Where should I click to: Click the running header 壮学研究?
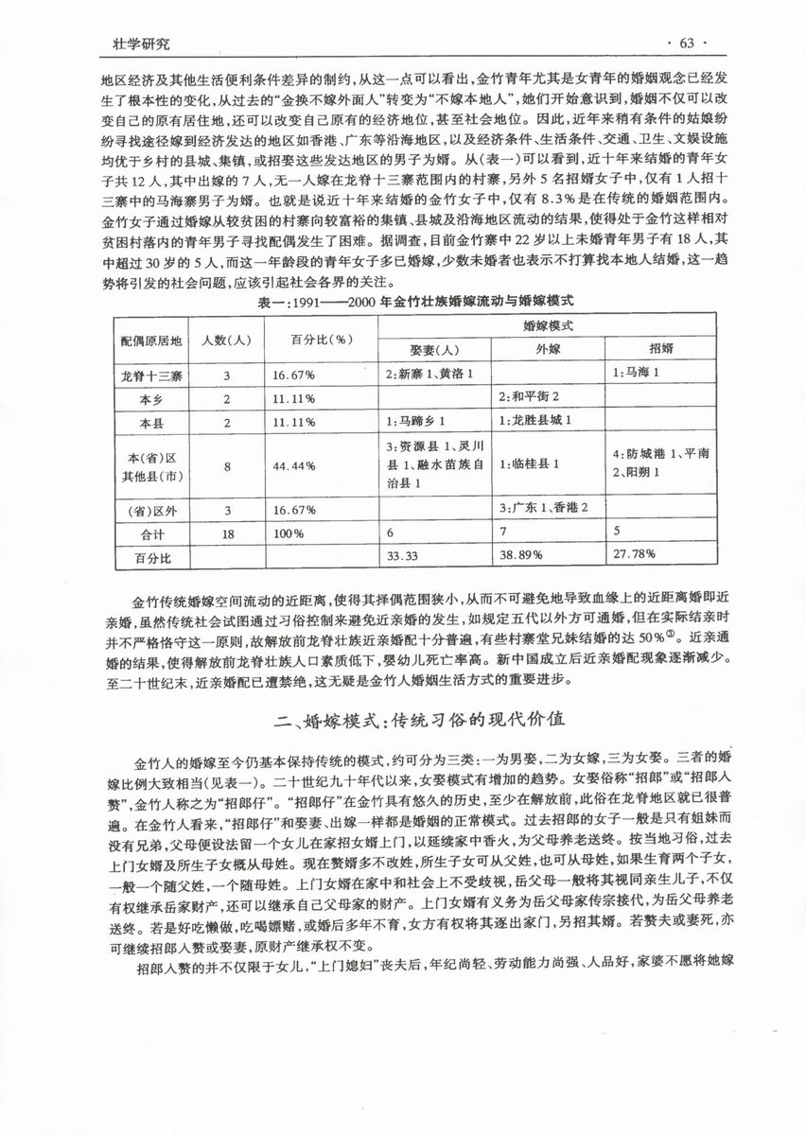pyautogui.click(x=141, y=44)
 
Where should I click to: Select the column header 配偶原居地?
pyautogui.click(x=149, y=339)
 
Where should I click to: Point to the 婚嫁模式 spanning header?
pyautogui.click(x=548, y=323)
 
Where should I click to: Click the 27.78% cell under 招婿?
pyautogui.click(x=634, y=558)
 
